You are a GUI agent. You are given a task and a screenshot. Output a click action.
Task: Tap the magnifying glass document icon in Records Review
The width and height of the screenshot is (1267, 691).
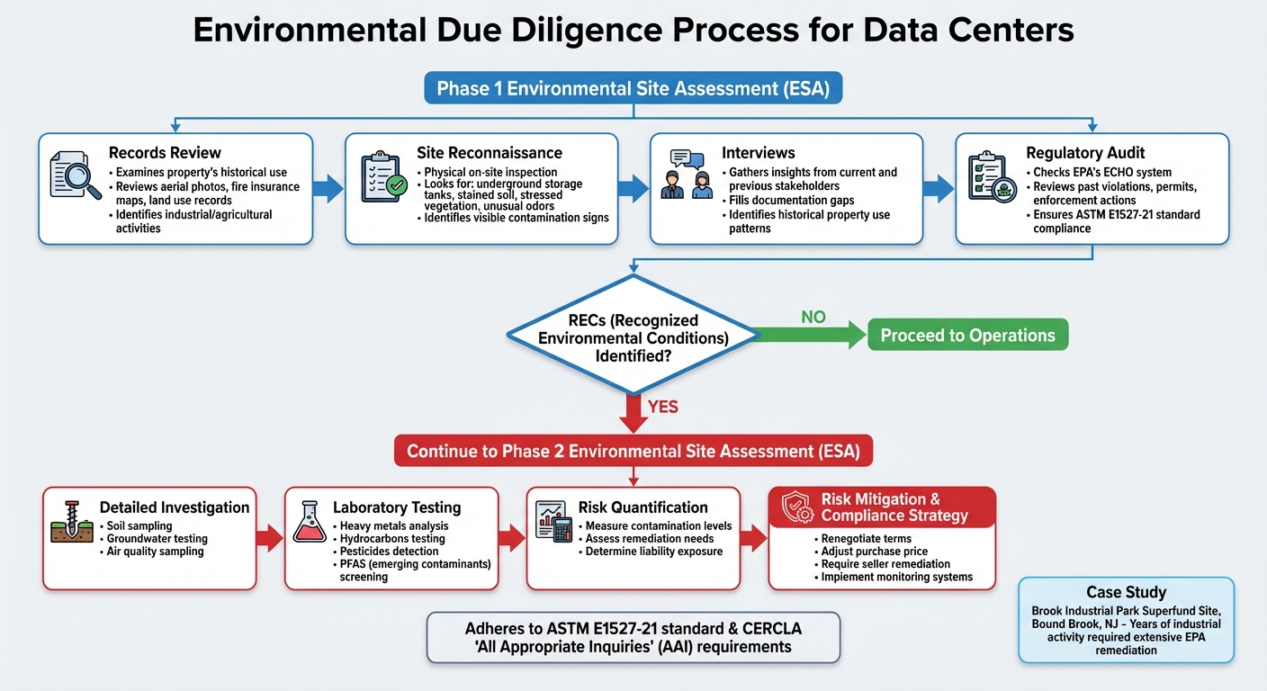[76, 175]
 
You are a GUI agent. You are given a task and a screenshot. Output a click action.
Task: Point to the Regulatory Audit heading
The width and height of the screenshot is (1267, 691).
[1085, 153]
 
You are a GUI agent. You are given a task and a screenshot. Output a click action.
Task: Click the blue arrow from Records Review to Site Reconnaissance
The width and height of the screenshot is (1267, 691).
[328, 188]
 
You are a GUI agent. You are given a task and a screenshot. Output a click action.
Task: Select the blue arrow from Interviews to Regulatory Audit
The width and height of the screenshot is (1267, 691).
[939, 188]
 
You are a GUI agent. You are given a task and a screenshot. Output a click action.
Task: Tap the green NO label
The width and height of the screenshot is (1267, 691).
[813, 317]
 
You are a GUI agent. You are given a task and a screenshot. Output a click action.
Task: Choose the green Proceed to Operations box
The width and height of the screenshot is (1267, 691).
[967, 336]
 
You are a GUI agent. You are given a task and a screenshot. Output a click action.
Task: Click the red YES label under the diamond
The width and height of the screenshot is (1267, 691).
[662, 407]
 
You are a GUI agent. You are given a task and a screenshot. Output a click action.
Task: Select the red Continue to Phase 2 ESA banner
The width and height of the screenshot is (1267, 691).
[633, 451]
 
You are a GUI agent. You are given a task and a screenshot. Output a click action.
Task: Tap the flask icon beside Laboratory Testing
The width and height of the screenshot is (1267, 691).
[309, 522]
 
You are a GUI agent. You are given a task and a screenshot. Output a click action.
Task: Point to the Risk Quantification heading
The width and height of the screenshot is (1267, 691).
[642, 507]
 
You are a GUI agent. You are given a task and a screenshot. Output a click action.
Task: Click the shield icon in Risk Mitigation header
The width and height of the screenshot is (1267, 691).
[796, 507]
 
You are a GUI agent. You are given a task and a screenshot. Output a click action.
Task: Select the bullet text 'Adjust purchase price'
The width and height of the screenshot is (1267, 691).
[874, 552]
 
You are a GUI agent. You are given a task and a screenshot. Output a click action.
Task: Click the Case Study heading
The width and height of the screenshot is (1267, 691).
[1126, 592]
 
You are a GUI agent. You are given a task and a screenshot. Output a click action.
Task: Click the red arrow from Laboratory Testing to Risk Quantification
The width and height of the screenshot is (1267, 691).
[512, 538]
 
